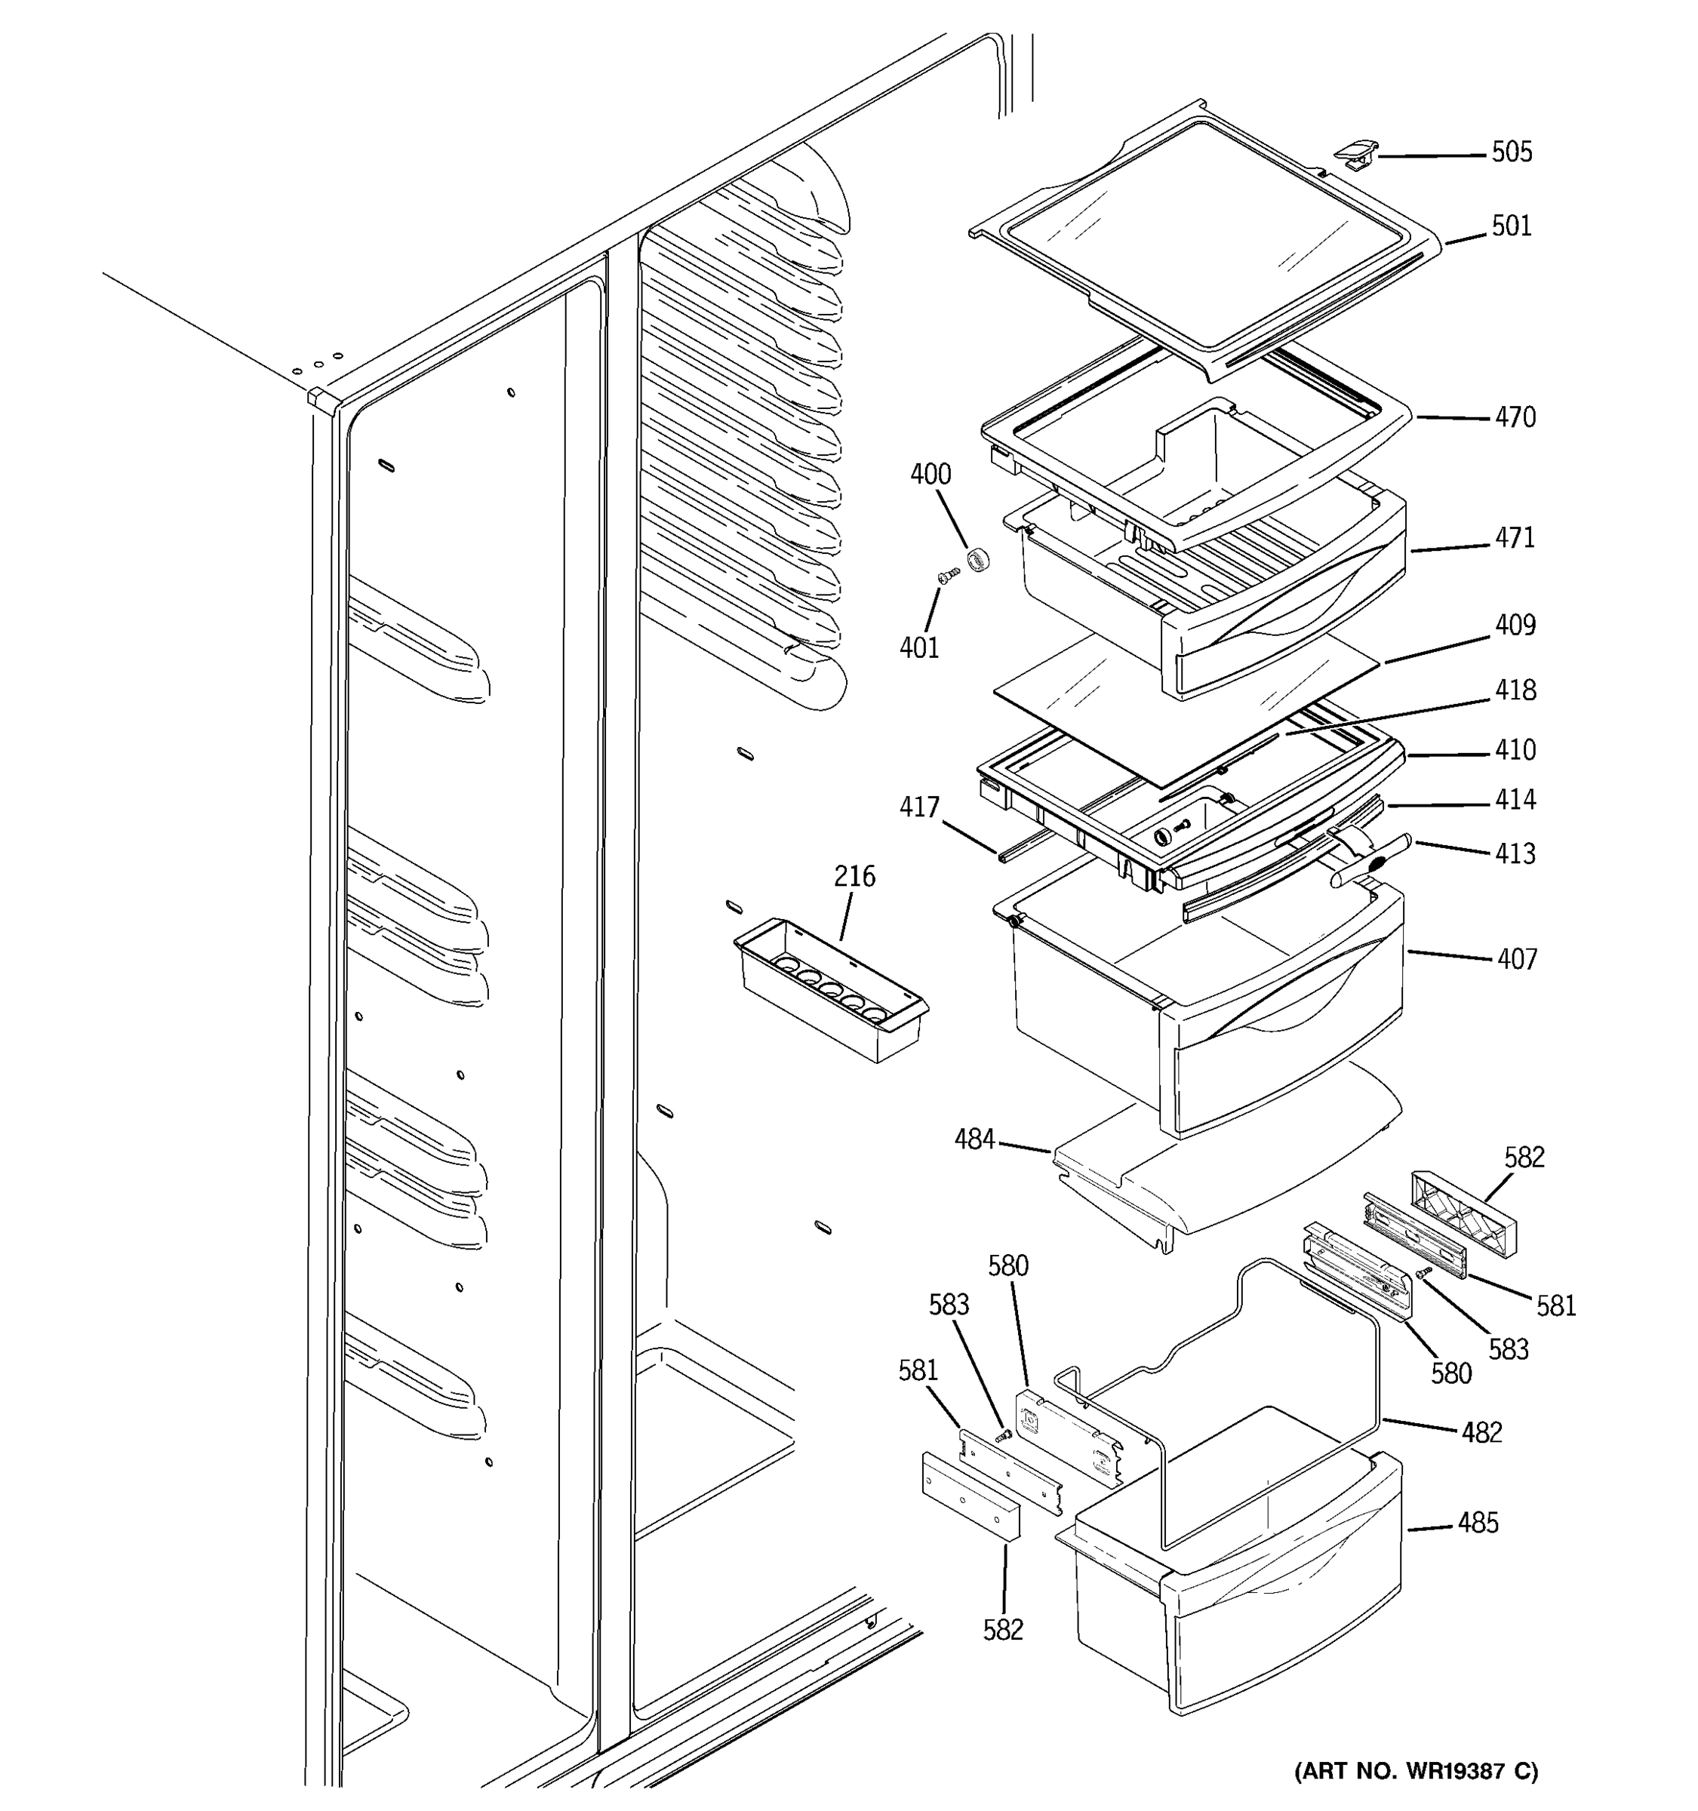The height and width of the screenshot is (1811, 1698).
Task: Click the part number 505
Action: [x=1512, y=152]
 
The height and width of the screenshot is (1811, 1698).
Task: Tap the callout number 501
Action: [x=1512, y=226]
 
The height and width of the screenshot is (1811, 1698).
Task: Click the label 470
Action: [x=1515, y=417]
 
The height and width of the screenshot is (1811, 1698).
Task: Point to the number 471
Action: [x=1515, y=537]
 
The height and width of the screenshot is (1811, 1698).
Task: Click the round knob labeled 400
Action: [x=978, y=558]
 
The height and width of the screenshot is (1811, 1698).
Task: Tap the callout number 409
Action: [x=1515, y=625]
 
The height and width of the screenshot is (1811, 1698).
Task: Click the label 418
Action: [x=1515, y=690]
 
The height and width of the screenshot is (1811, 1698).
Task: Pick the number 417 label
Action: [x=919, y=807]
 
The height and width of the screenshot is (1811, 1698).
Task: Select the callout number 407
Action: [x=1517, y=959]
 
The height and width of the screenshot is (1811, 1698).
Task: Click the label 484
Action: [x=974, y=1139]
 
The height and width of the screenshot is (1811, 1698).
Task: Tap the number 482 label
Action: [x=1481, y=1433]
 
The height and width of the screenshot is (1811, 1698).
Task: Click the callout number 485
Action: [x=1478, y=1524]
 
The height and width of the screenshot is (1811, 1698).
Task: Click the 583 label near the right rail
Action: [x=1508, y=1349]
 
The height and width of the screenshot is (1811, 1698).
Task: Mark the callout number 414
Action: [x=1515, y=800]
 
